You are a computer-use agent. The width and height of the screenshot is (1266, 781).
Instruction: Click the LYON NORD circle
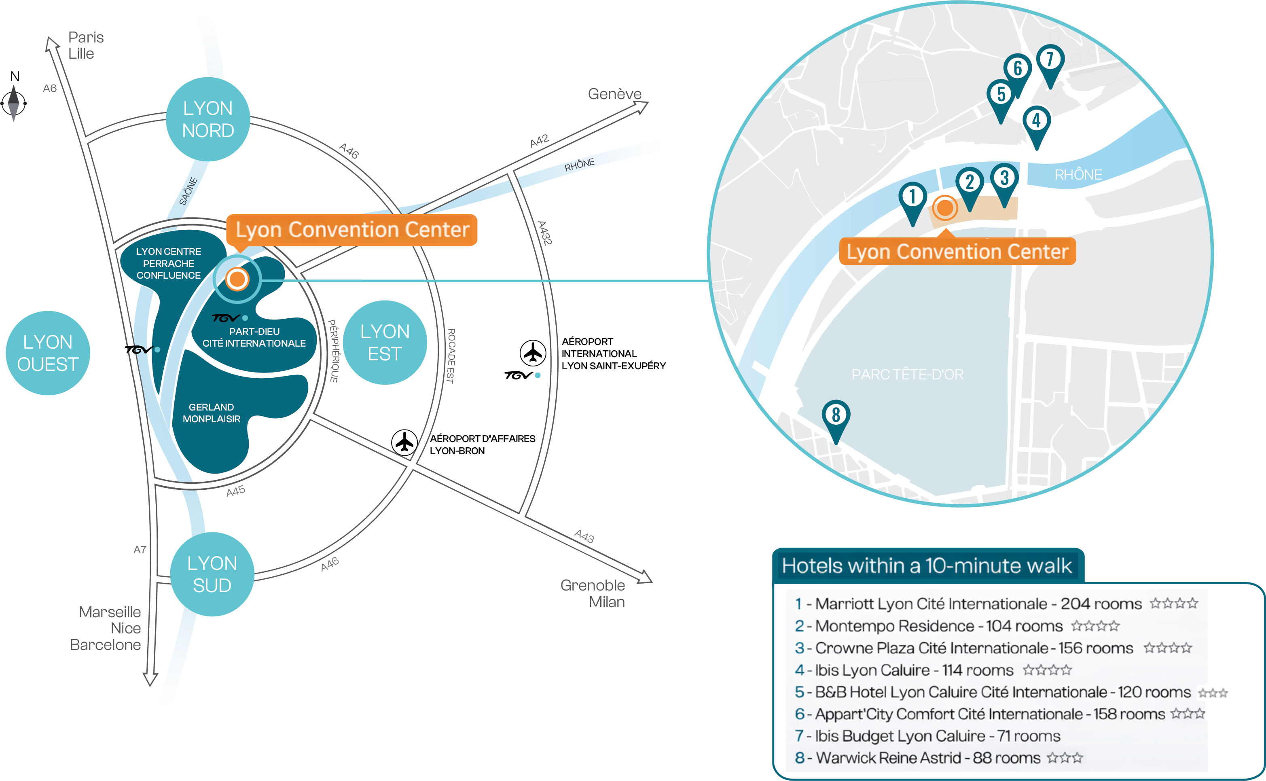[x=208, y=119]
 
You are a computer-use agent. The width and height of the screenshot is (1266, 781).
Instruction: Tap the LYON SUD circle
[x=212, y=574]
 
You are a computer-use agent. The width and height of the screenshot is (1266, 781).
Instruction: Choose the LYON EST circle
[x=385, y=343]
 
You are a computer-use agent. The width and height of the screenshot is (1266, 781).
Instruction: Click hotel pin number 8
[x=836, y=416]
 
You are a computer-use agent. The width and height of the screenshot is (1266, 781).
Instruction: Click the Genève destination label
[x=615, y=94]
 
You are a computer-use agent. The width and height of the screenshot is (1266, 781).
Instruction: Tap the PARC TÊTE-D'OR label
[x=908, y=375]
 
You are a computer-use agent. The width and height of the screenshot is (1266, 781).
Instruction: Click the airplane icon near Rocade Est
[x=533, y=354]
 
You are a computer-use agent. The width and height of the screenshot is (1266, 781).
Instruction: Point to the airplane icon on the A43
[x=404, y=442]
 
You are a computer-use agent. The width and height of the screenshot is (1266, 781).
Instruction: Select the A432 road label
[x=544, y=233]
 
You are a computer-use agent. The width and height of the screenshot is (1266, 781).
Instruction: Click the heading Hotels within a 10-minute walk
[x=927, y=565]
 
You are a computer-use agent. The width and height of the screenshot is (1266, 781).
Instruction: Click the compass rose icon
[x=13, y=101]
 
